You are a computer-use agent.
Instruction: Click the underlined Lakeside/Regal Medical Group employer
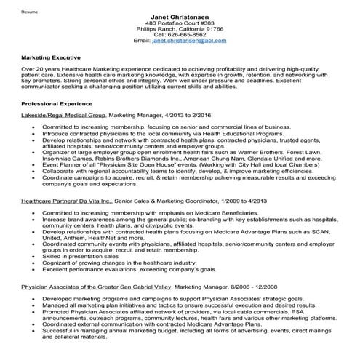click(x=64, y=115)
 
